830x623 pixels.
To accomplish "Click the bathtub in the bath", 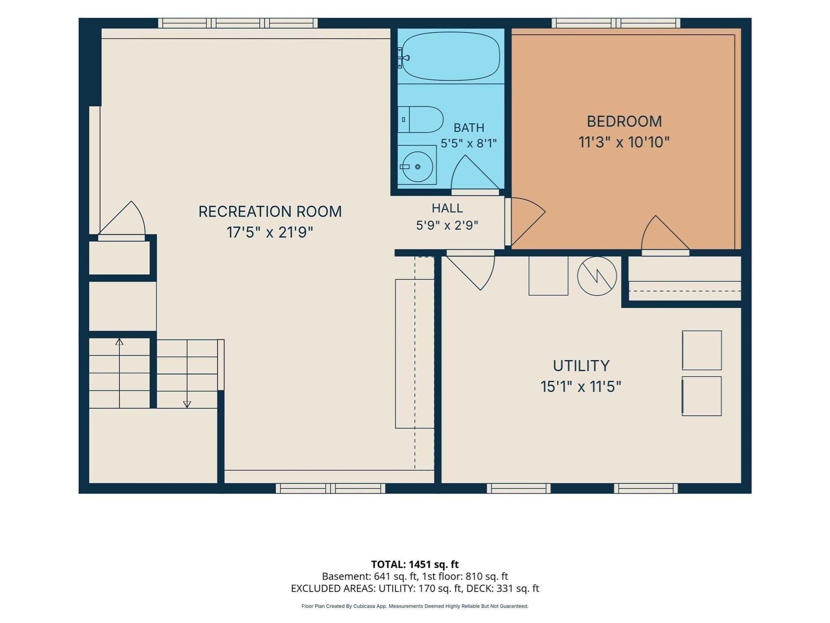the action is coord(451,56).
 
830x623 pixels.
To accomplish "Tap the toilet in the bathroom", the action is coord(420,120).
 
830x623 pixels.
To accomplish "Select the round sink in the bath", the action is coord(417,167).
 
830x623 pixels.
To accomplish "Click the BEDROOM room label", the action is coord(624,121).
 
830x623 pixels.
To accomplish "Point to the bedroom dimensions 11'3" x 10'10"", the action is coord(624,142).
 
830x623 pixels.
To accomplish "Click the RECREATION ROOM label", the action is coord(270,211).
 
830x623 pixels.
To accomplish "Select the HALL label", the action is coord(447,208).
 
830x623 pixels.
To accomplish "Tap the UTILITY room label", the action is coord(581,366).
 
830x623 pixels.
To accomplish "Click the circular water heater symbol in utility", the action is coord(597,276).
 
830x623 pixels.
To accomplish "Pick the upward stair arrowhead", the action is coord(119,342).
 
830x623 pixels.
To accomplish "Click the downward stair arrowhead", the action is coord(187,404).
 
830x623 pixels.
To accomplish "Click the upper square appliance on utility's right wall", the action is coord(702,350).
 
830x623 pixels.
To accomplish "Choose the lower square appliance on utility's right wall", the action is coord(702,396).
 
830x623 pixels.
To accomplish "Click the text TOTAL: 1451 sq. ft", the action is coord(415,564).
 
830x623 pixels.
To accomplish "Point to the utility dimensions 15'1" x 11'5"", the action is coord(581,387).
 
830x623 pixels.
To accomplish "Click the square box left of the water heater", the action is coord(548,276).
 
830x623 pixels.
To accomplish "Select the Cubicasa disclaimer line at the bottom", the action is coord(415,606).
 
